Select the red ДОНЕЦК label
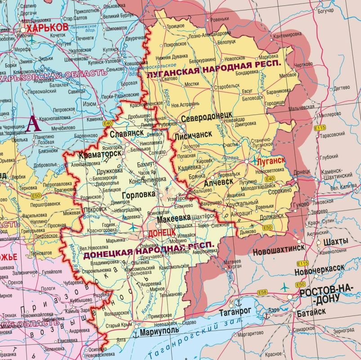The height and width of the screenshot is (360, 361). (161, 233)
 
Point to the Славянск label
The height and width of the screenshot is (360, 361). (126, 133)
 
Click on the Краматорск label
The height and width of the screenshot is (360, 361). (100, 154)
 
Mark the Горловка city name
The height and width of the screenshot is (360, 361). (138, 194)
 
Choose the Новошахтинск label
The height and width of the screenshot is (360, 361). (279, 247)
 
